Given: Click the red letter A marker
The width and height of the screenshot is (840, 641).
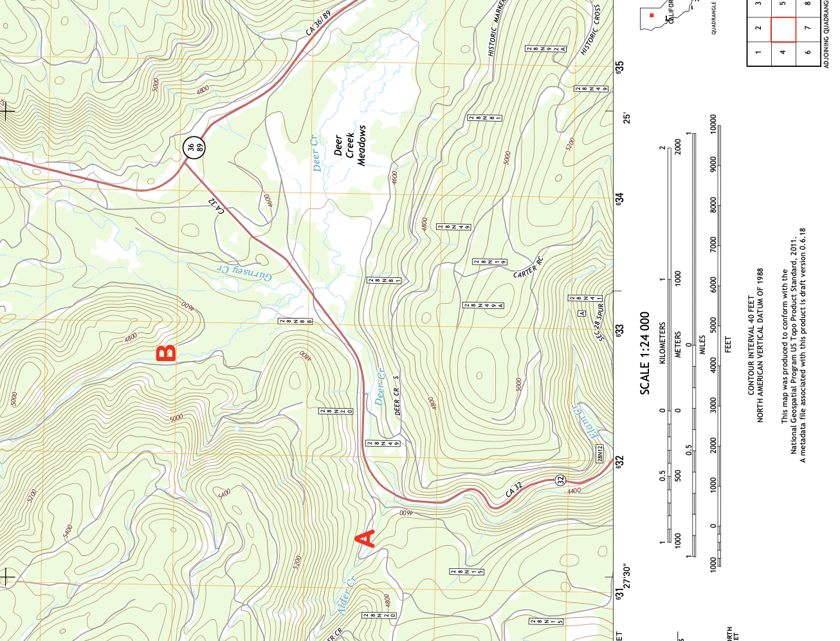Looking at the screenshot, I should [366, 539].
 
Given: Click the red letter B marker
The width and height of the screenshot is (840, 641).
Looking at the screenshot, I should [167, 353].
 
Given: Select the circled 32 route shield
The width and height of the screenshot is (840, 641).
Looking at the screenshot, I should [560, 480].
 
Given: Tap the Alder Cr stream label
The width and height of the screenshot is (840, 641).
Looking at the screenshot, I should [346, 595].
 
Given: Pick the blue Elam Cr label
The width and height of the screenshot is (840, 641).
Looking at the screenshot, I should [585, 422].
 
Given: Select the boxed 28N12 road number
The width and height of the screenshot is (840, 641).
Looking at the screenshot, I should [600, 454].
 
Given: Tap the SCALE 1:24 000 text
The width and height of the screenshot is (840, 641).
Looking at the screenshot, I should [645, 353].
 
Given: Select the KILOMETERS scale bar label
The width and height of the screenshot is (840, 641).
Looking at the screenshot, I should [663, 344].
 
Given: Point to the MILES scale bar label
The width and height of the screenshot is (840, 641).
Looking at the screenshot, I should [702, 344].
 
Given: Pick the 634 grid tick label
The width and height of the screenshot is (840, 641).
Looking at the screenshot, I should [619, 199].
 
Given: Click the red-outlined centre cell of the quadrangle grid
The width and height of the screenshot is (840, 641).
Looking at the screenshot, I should [783, 29].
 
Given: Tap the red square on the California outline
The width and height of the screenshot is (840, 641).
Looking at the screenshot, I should [652, 15].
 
